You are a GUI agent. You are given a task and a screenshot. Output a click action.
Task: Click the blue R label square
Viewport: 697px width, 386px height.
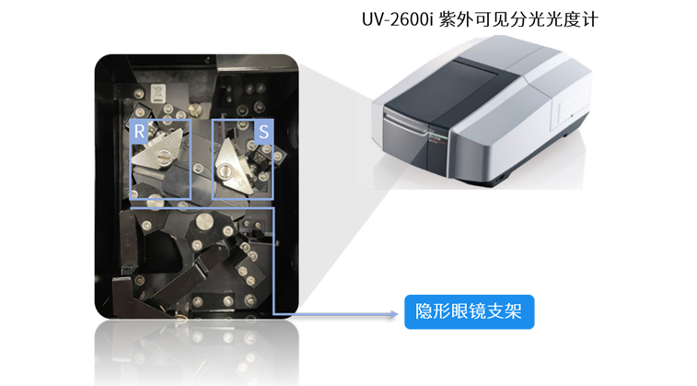coord(140,131)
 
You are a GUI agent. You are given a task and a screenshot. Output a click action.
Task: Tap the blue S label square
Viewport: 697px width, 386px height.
coord(263,132)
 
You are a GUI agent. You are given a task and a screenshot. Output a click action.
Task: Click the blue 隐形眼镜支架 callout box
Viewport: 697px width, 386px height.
coord(469,311)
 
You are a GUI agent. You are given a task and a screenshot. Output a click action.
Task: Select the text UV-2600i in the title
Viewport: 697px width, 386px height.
coord(397,19)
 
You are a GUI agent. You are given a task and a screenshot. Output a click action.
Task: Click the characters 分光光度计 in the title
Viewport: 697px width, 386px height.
coord(554,19)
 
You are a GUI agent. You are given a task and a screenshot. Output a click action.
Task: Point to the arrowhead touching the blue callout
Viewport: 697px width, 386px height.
coord(394,314)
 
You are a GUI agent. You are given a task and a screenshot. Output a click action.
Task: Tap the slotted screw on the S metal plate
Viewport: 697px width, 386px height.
coord(224,170)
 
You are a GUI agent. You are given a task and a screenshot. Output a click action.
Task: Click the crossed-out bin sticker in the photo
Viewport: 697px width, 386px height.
coord(158,93)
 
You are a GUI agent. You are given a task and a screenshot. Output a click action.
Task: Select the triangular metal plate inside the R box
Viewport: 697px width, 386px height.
coord(157,151)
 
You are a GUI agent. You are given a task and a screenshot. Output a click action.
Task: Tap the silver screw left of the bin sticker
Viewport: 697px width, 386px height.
coord(139,94)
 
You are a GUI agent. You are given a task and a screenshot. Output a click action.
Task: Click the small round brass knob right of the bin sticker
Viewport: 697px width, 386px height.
coord(195,109)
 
